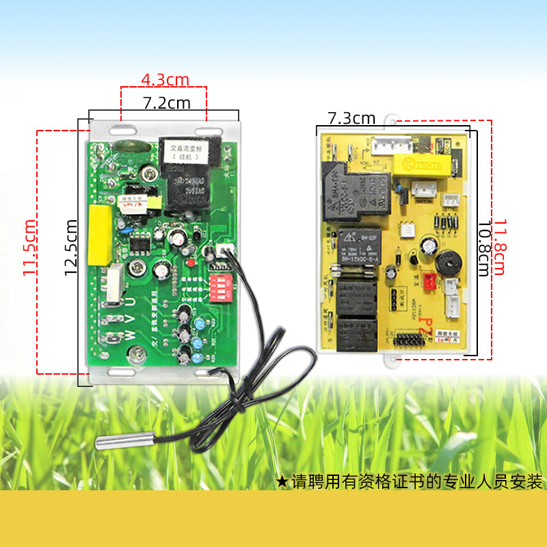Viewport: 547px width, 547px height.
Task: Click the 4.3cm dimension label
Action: pyautogui.click(x=165, y=80)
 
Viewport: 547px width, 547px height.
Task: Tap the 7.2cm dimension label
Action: pyautogui.click(x=166, y=103)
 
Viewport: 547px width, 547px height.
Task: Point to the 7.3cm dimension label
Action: pyautogui.click(x=351, y=118)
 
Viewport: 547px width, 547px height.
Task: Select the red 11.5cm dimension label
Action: pyautogui.click(x=29, y=248)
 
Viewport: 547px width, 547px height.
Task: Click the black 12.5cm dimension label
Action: pyautogui.click(x=70, y=247)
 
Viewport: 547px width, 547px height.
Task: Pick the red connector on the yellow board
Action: pyautogui.click(x=429, y=281)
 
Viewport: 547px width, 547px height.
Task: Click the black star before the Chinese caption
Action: pyautogui.click(x=282, y=481)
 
